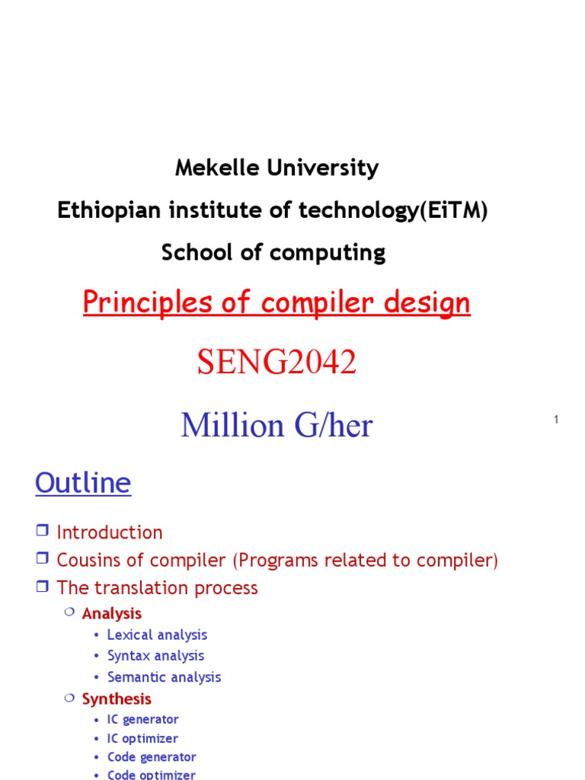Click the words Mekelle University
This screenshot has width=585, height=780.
point(277,168)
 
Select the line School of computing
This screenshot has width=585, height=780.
point(273,253)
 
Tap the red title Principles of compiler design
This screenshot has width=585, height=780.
point(277,302)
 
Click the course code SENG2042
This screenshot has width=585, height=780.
point(277,363)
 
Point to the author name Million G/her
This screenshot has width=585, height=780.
point(277,425)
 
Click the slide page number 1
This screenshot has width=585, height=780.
point(557,420)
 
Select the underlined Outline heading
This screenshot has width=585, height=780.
point(83,483)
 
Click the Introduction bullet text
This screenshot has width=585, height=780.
point(110,532)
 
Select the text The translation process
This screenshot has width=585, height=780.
point(157,588)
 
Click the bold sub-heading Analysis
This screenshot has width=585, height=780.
point(112,613)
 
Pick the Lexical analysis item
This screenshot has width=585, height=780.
point(157,635)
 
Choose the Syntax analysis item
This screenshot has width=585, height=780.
point(155,656)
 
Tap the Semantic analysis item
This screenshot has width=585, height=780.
point(164,677)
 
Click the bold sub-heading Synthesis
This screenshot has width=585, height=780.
point(117,698)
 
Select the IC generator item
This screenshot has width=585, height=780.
point(142,719)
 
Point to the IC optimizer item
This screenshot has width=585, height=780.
point(142,738)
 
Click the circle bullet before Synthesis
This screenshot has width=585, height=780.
point(69,698)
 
